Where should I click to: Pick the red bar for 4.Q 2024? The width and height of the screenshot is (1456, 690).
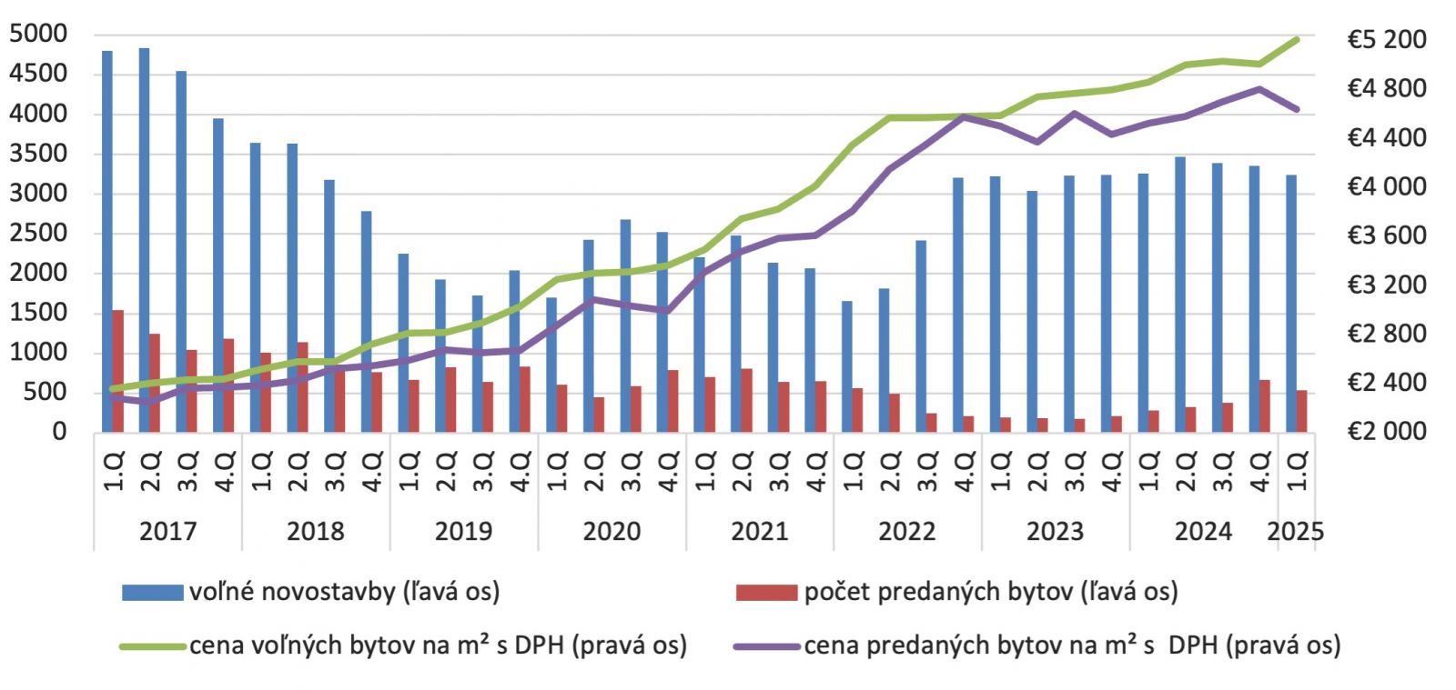pyautogui.click(x=1265, y=405)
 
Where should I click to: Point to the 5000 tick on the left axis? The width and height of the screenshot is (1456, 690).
pyautogui.click(x=39, y=34)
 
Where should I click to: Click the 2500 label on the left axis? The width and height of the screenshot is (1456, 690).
pyautogui.click(x=39, y=233)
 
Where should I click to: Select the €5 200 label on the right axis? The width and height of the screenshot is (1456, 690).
pyautogui.click(x=1386, y=40)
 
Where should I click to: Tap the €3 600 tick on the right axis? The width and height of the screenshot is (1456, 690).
pyautogui.click(x=1386, y=235)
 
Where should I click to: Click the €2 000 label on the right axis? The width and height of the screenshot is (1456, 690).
pyautogui.click(x=1386, y=431)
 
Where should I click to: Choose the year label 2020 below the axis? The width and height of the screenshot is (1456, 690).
pyautogui.click(x=612, y=531)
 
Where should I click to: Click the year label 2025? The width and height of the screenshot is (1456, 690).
pyautogui.click(x=1295, y=531)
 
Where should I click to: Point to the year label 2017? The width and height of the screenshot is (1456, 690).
pyautogui.click(x=167, y=531)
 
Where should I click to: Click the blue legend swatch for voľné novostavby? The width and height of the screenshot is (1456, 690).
pyautogui.click(x=153, y=593)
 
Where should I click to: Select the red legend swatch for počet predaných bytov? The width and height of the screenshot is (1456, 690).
pyautogui.click(x=766, y=593)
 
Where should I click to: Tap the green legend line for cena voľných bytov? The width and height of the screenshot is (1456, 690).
pyautogui.click(x=153, y=646)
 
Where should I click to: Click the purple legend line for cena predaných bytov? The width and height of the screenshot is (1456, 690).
pyautogui.click(x=766, y=646)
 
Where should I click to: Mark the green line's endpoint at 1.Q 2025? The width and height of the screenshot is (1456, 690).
pyautogui.click(x=1297, y=39)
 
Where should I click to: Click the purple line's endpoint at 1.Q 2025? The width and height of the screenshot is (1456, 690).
pyautogui.click(x=1297, y=109)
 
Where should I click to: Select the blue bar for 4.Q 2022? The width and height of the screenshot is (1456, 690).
pyautogui.click(x=957, y=305)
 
